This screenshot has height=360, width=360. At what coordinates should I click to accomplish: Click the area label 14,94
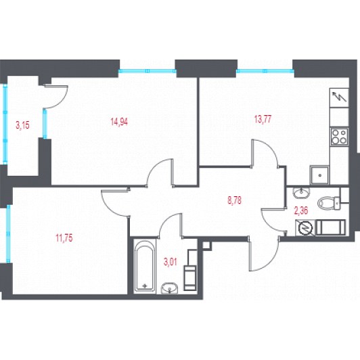click(119, 122)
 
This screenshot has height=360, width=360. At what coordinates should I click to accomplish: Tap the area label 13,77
click(263, 119)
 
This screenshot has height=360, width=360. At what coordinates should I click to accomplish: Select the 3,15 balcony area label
click(22, 125)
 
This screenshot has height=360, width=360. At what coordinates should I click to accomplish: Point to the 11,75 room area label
click(64, 238)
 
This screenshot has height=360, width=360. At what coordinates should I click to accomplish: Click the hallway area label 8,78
click(234, 200)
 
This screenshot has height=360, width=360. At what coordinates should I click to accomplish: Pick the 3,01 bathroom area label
click(171, 262)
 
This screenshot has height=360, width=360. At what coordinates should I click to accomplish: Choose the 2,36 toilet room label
click(301, 210)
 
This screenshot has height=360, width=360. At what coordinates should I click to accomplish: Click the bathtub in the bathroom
click(144, 266)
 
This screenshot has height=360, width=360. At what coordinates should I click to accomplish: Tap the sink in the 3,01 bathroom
click(170, 288)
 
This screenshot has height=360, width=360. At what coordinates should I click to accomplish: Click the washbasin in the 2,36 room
click(301, 193)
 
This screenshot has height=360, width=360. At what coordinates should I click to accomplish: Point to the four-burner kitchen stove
click(339, 137)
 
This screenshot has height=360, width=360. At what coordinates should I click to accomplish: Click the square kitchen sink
click(319, 175)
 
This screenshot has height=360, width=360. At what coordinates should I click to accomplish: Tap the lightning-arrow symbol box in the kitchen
click(339, 98)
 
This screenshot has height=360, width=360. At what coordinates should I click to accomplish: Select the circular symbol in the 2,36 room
click(305, 228)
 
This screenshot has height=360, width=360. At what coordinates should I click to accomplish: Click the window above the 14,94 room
click(148, 71)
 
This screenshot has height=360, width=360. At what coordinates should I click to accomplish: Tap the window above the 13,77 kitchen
click(265, 71)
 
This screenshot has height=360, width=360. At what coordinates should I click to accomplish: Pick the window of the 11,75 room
click(8, 233)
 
